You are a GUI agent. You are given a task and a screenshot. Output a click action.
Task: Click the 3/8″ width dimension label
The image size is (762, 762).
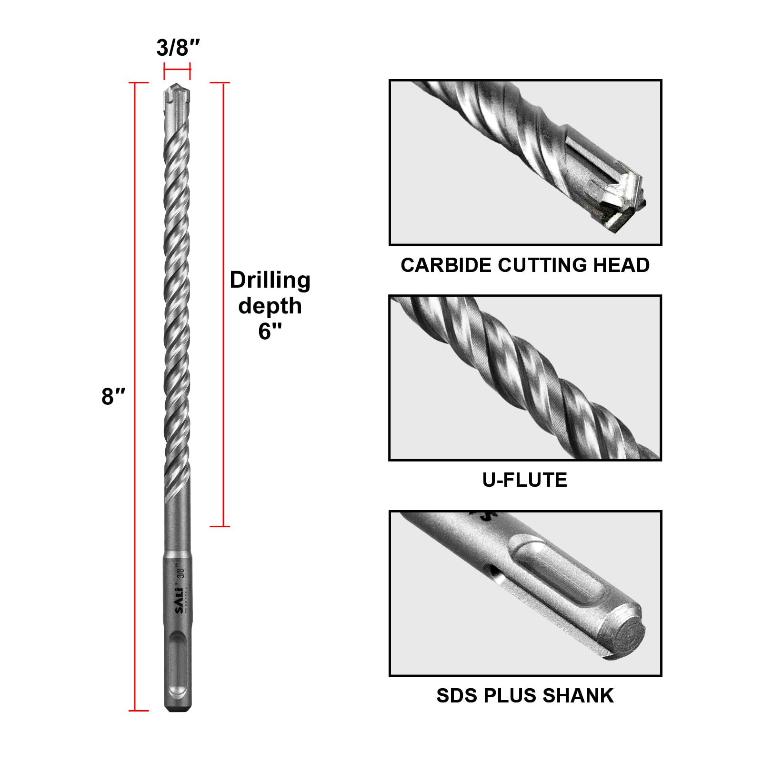click(x=178, y=48)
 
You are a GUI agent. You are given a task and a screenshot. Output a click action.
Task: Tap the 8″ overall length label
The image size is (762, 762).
click(x=113, y=396)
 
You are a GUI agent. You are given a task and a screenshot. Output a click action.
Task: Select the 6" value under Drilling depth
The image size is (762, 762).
click(x=270, y=331)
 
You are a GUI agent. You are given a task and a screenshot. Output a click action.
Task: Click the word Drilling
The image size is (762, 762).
click(x=270, y=280)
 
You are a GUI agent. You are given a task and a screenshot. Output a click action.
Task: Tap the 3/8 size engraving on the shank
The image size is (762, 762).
click(x=180, y=571)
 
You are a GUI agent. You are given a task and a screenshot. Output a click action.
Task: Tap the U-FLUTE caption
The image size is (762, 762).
click(x=525, y=480)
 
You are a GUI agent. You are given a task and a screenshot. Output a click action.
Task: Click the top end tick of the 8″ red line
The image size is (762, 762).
click(x=139, y=83)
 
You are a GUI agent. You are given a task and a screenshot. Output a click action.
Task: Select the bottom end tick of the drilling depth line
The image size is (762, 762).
click(x=220, y=526)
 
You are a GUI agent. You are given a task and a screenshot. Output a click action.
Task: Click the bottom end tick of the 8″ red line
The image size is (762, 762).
click(x=139, y=711)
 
